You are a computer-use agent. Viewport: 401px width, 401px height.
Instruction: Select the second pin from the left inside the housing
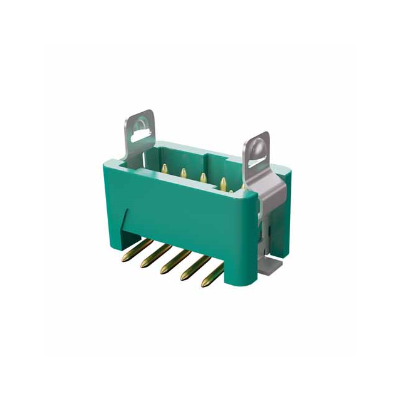pos(184,174)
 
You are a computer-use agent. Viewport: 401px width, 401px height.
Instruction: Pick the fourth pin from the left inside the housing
pos(222,184)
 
